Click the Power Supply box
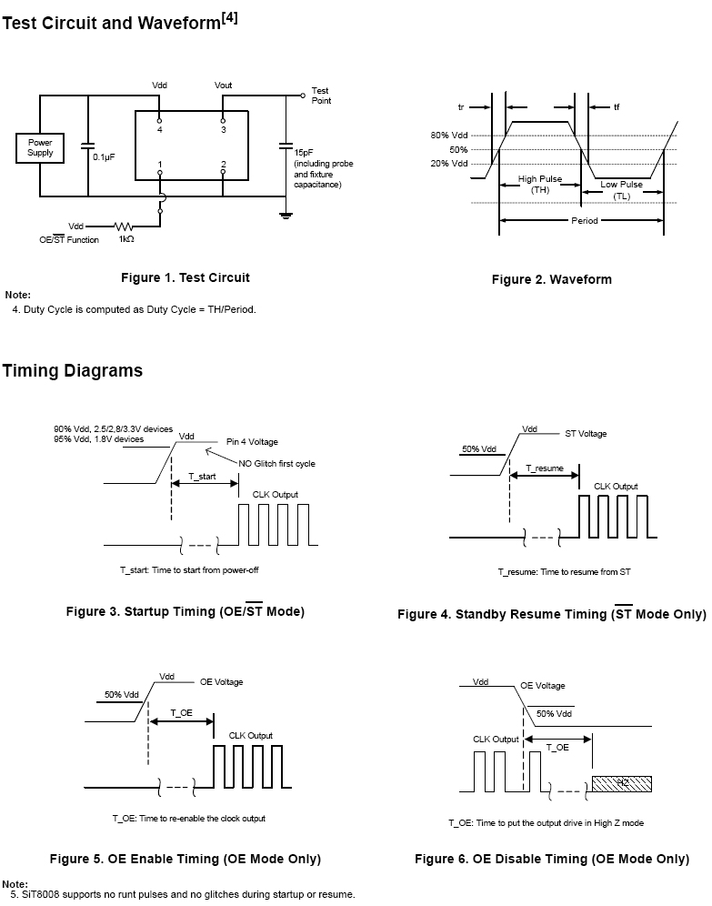coord(40,147)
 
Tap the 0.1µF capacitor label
coord(104,156)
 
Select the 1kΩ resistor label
coord(126,239)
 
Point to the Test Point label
coord(321,96)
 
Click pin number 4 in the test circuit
coord(159,130)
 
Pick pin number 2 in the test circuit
coord(223,165)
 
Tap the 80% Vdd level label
coord(449,136)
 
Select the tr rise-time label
coord(461,107)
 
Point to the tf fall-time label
coord(617,107)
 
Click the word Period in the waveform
coord(585,221)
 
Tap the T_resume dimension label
coord(545,468)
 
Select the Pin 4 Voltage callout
coord(253,441)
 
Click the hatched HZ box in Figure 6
coord(623,782)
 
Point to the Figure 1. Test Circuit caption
coord(186,277)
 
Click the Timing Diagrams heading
coord(72,370)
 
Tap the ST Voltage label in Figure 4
coord(586,434)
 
